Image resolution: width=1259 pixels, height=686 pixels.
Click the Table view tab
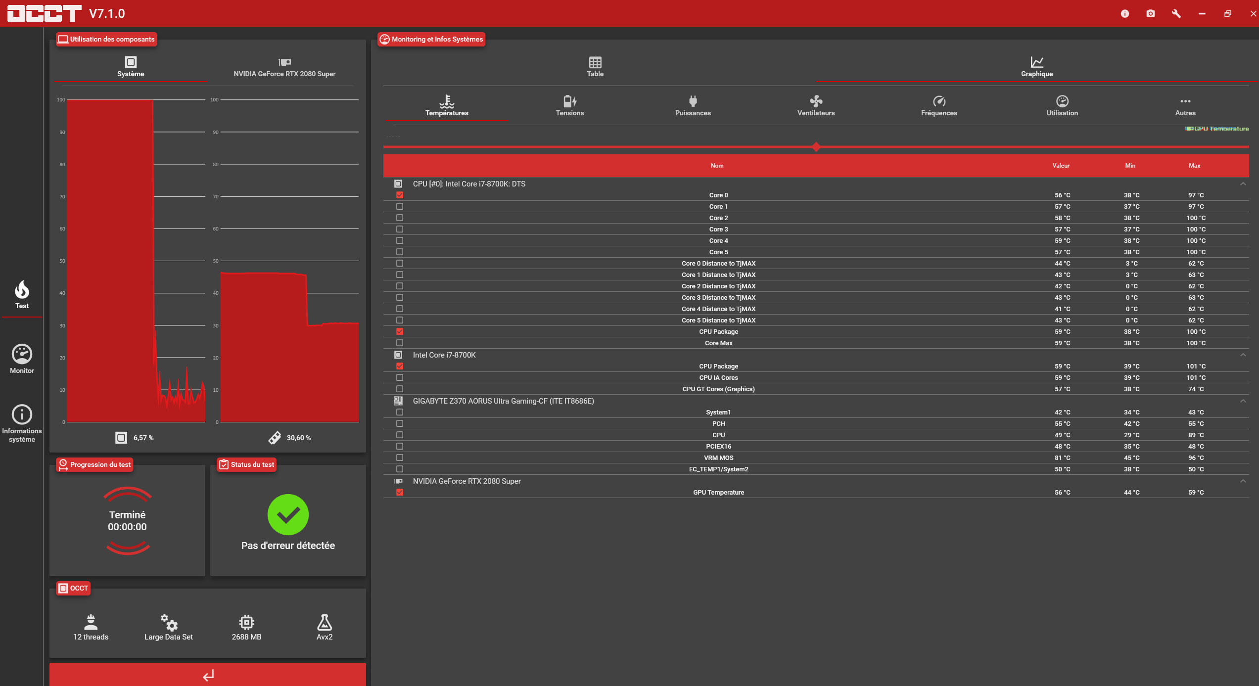[595, 67]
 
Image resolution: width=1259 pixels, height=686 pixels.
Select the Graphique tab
[1037, 67]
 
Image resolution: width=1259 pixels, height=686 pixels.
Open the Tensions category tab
[570, 105]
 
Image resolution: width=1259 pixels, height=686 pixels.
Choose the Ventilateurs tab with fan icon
[816, 105]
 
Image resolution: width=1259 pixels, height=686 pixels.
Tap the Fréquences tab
[939, 105]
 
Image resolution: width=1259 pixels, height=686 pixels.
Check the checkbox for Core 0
[400, 195]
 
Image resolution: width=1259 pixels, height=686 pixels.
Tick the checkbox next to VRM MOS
[400, 457]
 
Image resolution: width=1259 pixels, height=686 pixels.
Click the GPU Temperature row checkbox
[400, 492]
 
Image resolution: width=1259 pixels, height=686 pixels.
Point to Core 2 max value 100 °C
[1196, 218]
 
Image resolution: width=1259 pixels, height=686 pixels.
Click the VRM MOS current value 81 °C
[1062, 458]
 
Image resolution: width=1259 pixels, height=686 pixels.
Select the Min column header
[1130, 166]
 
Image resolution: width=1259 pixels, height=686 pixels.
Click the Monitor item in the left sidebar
[22, 359]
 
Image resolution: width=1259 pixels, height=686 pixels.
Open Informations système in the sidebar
[22, 423]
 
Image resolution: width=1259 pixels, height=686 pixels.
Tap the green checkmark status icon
[288, 514]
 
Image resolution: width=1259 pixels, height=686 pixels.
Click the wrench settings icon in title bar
[1176, 14]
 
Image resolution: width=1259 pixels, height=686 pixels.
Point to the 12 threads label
[91, 637]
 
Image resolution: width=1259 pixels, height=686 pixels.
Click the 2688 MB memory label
[246, 637]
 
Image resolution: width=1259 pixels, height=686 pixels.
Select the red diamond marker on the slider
[816, 147]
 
